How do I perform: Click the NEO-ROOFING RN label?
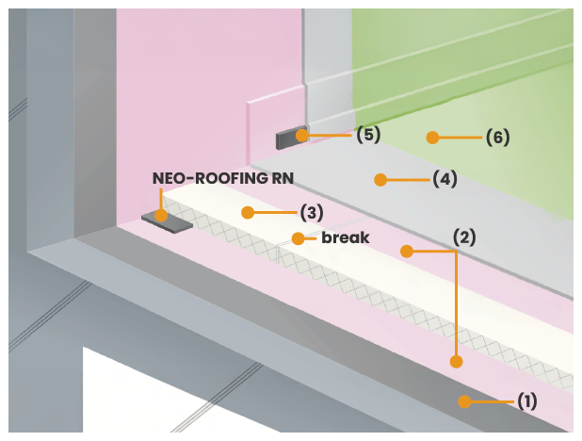(x=216, y=177)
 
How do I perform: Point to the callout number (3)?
(x=312, y=213)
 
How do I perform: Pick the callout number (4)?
(x=445, y=179)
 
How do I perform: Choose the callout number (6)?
(x=498, y=138)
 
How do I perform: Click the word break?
(x=345, y=237)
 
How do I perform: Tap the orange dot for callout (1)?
(x=464, y=401)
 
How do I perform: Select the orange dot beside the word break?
(x=298, y=238)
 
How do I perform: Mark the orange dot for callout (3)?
(x=248, y=213)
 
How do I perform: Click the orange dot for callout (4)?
(x=380, y=179)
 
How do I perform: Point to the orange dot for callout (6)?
(x=432, y=138)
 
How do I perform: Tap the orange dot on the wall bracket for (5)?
(x=301, y=136)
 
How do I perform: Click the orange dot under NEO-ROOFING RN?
(x=161, y=216)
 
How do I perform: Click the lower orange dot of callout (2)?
(x=456, y=361)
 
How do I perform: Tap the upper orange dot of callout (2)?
(x=407, y=251)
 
